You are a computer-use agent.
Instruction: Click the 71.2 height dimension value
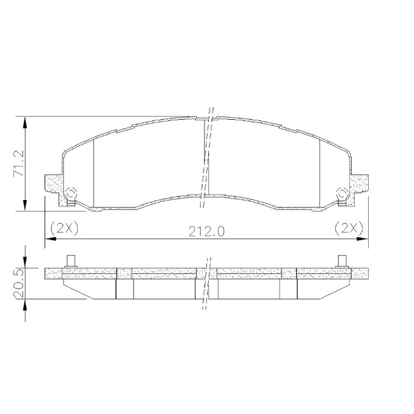coord(18,164)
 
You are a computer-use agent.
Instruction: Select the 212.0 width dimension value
coord(206,232)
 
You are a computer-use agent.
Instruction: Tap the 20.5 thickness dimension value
coord(20,283)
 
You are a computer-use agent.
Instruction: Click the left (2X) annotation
coord(64,229)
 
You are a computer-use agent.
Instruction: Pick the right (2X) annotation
coord(349,228)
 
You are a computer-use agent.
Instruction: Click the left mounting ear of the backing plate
coord(54,184)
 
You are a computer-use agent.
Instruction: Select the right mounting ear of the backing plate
coord(359,184)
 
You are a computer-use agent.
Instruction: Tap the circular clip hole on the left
coord(71,192)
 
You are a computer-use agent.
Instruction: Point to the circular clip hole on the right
coord(343,192)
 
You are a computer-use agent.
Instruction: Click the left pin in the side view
coord(71,262)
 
